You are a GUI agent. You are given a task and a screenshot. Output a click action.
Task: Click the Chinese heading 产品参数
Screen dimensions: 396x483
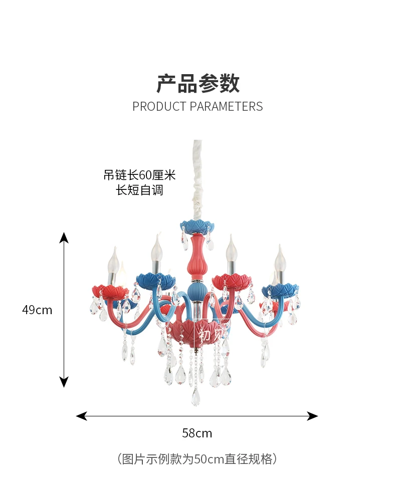coord(198,84)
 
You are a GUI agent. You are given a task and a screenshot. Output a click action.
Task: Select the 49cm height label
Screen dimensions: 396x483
coord(37,310)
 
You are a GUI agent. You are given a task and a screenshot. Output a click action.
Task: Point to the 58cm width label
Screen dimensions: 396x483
coord(197,433)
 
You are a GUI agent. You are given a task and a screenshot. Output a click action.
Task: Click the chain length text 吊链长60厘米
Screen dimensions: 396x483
coord(139,175)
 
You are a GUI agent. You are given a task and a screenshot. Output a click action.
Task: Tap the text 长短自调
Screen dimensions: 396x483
coord(139,190)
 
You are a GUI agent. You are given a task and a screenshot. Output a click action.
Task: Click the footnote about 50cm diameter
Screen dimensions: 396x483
coord(197,459)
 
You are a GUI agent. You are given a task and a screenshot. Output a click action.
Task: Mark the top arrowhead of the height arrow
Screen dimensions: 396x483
coord(64,237)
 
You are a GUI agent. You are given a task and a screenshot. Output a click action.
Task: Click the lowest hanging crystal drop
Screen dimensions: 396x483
coord(195,398)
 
